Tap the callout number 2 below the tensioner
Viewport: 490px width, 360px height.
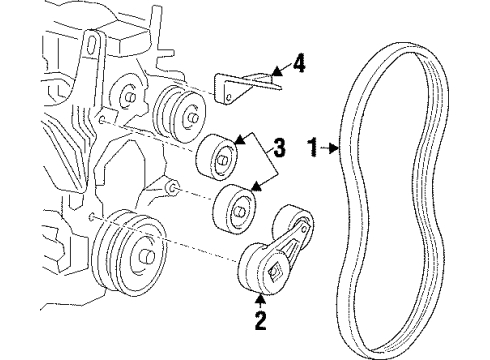click(x=263, y=322)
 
